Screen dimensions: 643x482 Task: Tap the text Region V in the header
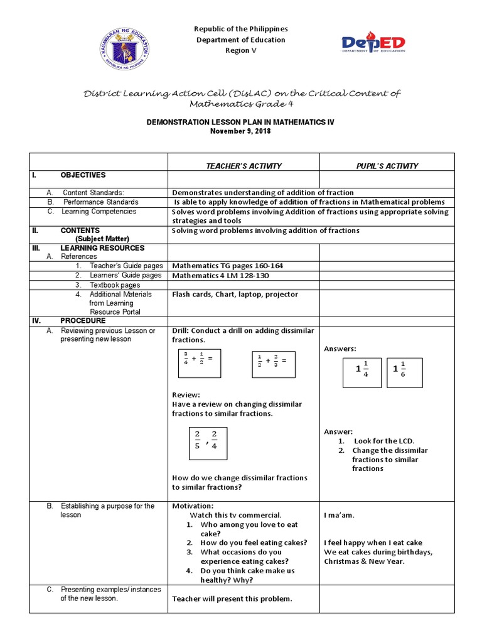[240, 51]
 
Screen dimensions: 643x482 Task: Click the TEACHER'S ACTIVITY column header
[244, 166]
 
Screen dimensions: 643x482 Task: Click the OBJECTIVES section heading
[83, 175]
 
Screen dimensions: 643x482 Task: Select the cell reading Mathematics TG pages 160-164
[227, 266]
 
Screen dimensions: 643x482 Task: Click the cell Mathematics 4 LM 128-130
[221, 275]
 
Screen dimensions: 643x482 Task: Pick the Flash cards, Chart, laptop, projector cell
[235, 294]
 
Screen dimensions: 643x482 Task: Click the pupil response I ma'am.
[339, 516]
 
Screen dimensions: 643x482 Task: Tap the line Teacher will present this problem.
[232, 598]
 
